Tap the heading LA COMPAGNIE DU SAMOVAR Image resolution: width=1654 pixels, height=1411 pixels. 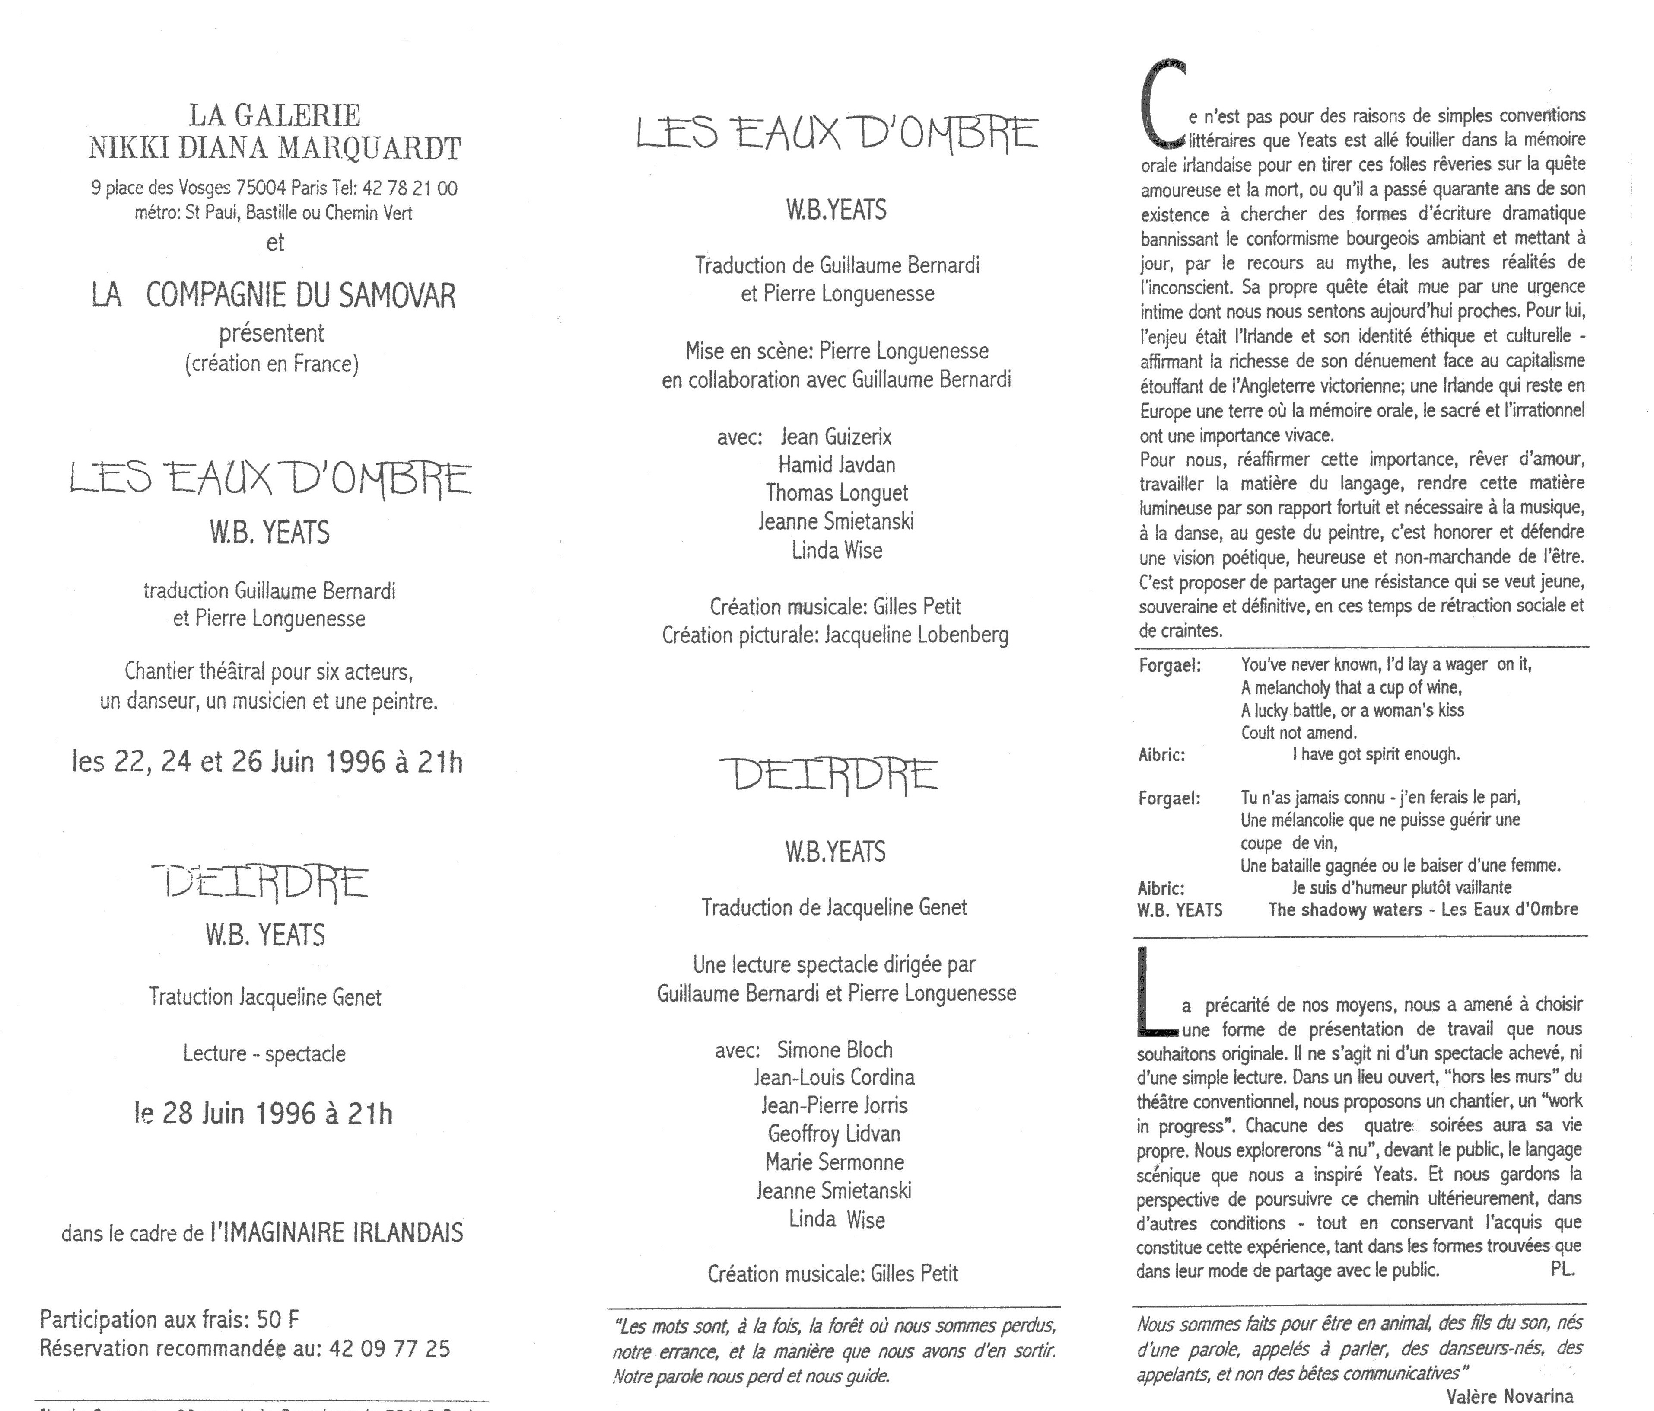tap(273, 295)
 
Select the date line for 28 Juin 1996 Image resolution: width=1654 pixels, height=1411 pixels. tap(264, 1113)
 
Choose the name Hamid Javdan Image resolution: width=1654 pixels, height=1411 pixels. tap(837, 465)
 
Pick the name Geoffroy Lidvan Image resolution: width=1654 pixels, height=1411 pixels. tap(834, 1134)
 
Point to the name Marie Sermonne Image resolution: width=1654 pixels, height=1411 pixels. tap(834, 1162)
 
